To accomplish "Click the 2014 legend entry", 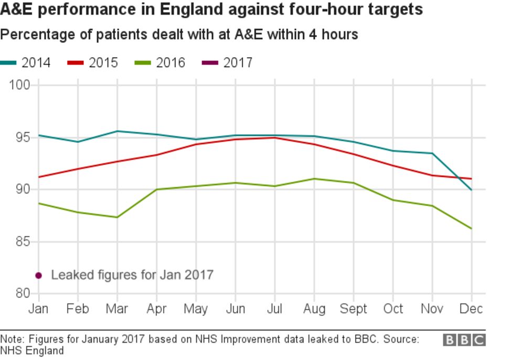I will coord(26,63).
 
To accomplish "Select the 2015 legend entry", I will coord(93,63).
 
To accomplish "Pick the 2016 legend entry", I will coord(161,63).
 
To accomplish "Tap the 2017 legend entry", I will coord(228,63).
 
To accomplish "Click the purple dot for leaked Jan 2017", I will coord(38,276).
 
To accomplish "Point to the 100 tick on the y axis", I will coord(20,85).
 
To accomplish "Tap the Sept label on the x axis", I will coord(353,309).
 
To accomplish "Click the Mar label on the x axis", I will coord(116,309).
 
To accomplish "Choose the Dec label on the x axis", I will coord(471,309).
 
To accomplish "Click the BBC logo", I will coord(464,340).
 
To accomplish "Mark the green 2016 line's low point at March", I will coord(116,217).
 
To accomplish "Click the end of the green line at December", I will coord(471,228).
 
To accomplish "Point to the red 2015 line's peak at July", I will coord(274,137).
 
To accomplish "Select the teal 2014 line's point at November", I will coord(432,153).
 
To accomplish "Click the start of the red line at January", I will coord(38,177).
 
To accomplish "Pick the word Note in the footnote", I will coord(11,340).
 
